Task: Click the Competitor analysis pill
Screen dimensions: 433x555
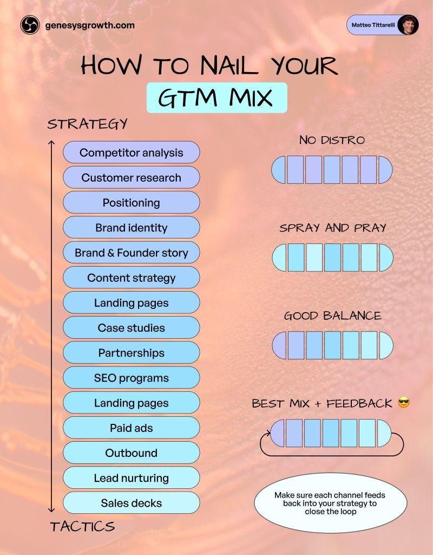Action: click(131, 152)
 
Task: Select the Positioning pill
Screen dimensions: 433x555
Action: click(131, 203)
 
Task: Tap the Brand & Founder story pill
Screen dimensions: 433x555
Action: click(131, 253)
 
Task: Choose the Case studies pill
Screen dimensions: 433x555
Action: click(131, 328)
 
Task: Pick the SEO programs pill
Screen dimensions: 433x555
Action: click(131, 378)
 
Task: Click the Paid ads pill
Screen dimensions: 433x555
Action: click(131, 428)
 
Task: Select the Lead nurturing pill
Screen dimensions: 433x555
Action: click(131, 478)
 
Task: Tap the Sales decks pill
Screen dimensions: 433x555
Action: click(131, 503)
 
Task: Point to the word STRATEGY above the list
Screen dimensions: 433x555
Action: click(87, 124)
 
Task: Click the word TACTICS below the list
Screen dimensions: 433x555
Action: click(82, 526)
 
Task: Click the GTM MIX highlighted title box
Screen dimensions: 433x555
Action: click(216, 98)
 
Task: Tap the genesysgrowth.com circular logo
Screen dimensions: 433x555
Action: click(30, 25)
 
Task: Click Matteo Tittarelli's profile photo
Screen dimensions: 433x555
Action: click(407, 25)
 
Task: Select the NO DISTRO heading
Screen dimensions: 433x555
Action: click(332, 140)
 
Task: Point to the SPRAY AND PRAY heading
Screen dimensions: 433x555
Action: click(332, 228)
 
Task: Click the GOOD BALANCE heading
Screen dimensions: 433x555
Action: click(332, 316)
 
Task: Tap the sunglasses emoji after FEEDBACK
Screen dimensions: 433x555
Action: click(404, 403)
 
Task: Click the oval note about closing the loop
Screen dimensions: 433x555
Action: click(330, 503)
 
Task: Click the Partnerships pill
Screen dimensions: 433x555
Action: click(131, 353)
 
